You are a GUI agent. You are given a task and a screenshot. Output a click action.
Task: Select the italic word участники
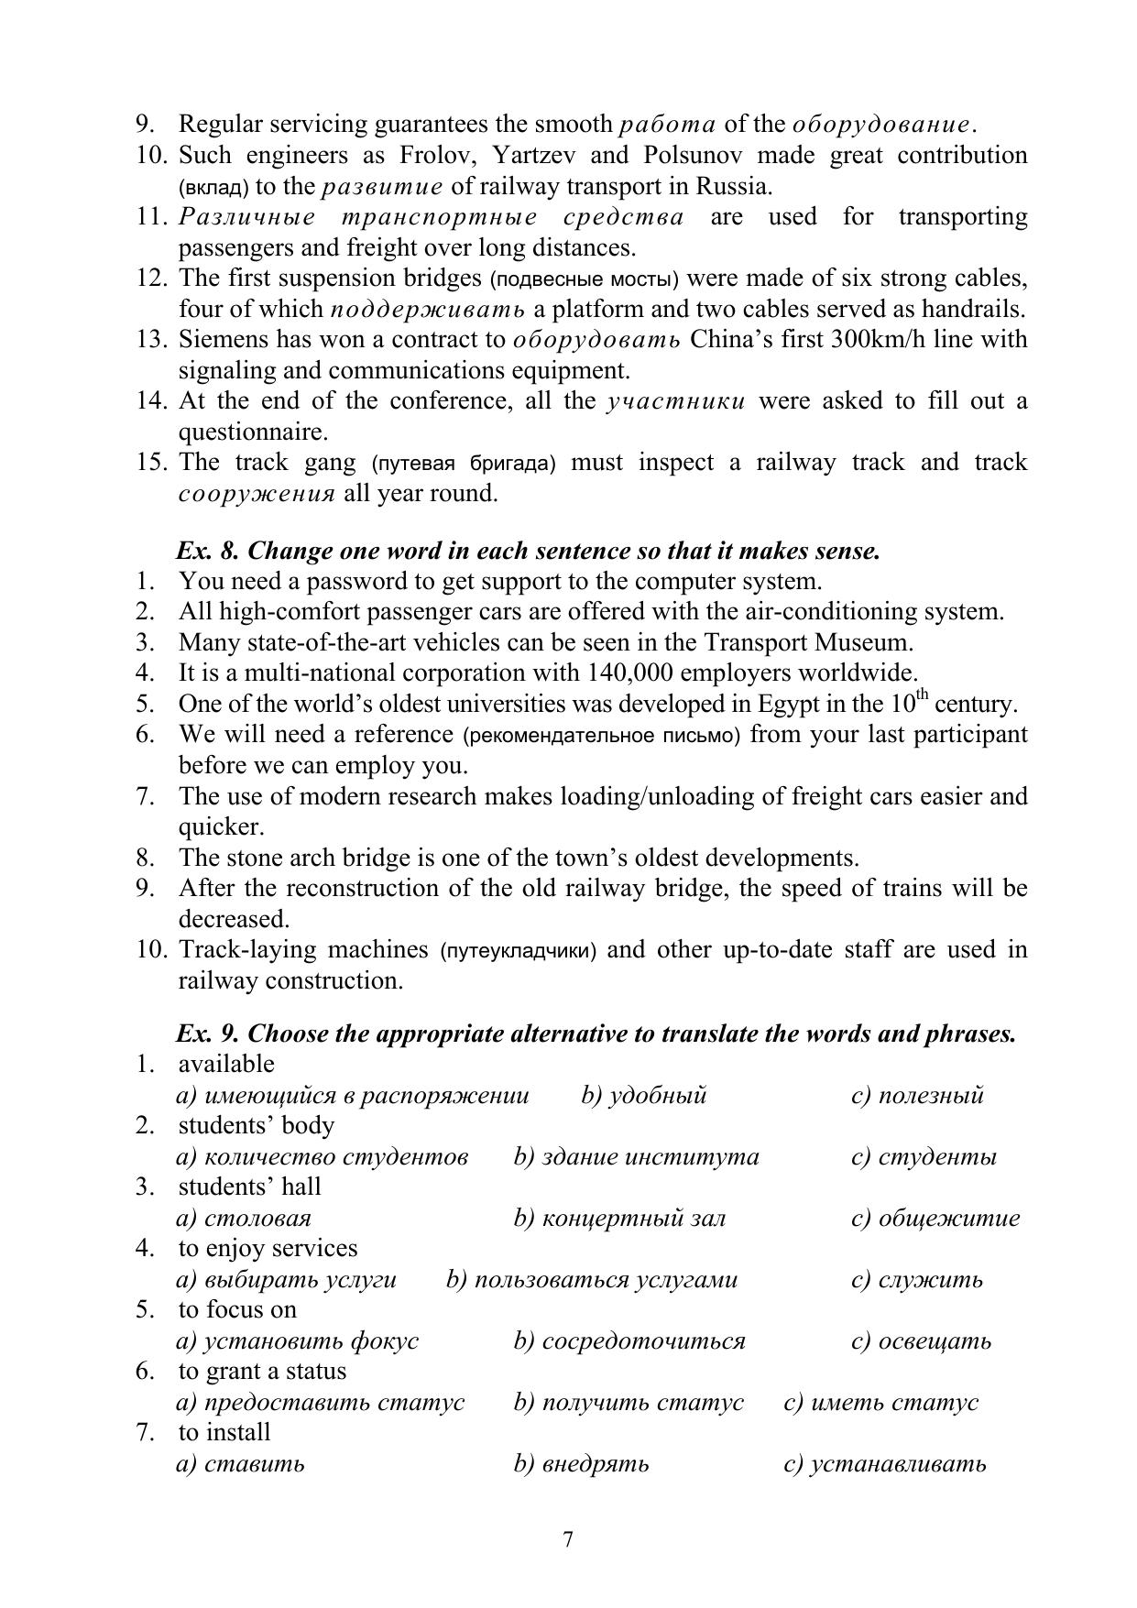click(675, 401)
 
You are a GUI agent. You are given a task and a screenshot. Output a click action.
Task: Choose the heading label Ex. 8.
click(207, 551)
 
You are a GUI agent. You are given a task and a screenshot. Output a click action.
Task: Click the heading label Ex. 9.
click(207, 1034)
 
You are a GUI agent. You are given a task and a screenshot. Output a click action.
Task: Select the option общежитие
click(948, 1219)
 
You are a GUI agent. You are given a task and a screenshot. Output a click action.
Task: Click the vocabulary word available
click(226, 1064)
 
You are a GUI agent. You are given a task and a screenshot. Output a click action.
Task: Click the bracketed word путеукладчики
click(518, 951)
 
